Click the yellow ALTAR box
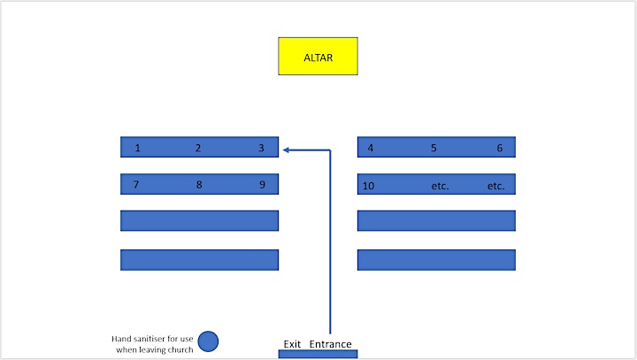point(318,56)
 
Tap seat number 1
point(138,148)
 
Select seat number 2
point(198,148)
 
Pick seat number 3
point(261,148)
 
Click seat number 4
point(371,148)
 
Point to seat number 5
point(434,148)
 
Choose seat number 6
point(500,148)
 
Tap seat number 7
point(136,185)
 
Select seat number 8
point(199,185)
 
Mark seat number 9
point(263,185)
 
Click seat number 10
point(368,186)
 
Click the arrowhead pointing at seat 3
point(286,150)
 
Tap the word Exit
point(292,344)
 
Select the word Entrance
point(330,344)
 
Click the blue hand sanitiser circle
point(209,341)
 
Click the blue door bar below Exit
point(318,354)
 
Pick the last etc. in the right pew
point(496,186)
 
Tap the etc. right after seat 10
point(440,186)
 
